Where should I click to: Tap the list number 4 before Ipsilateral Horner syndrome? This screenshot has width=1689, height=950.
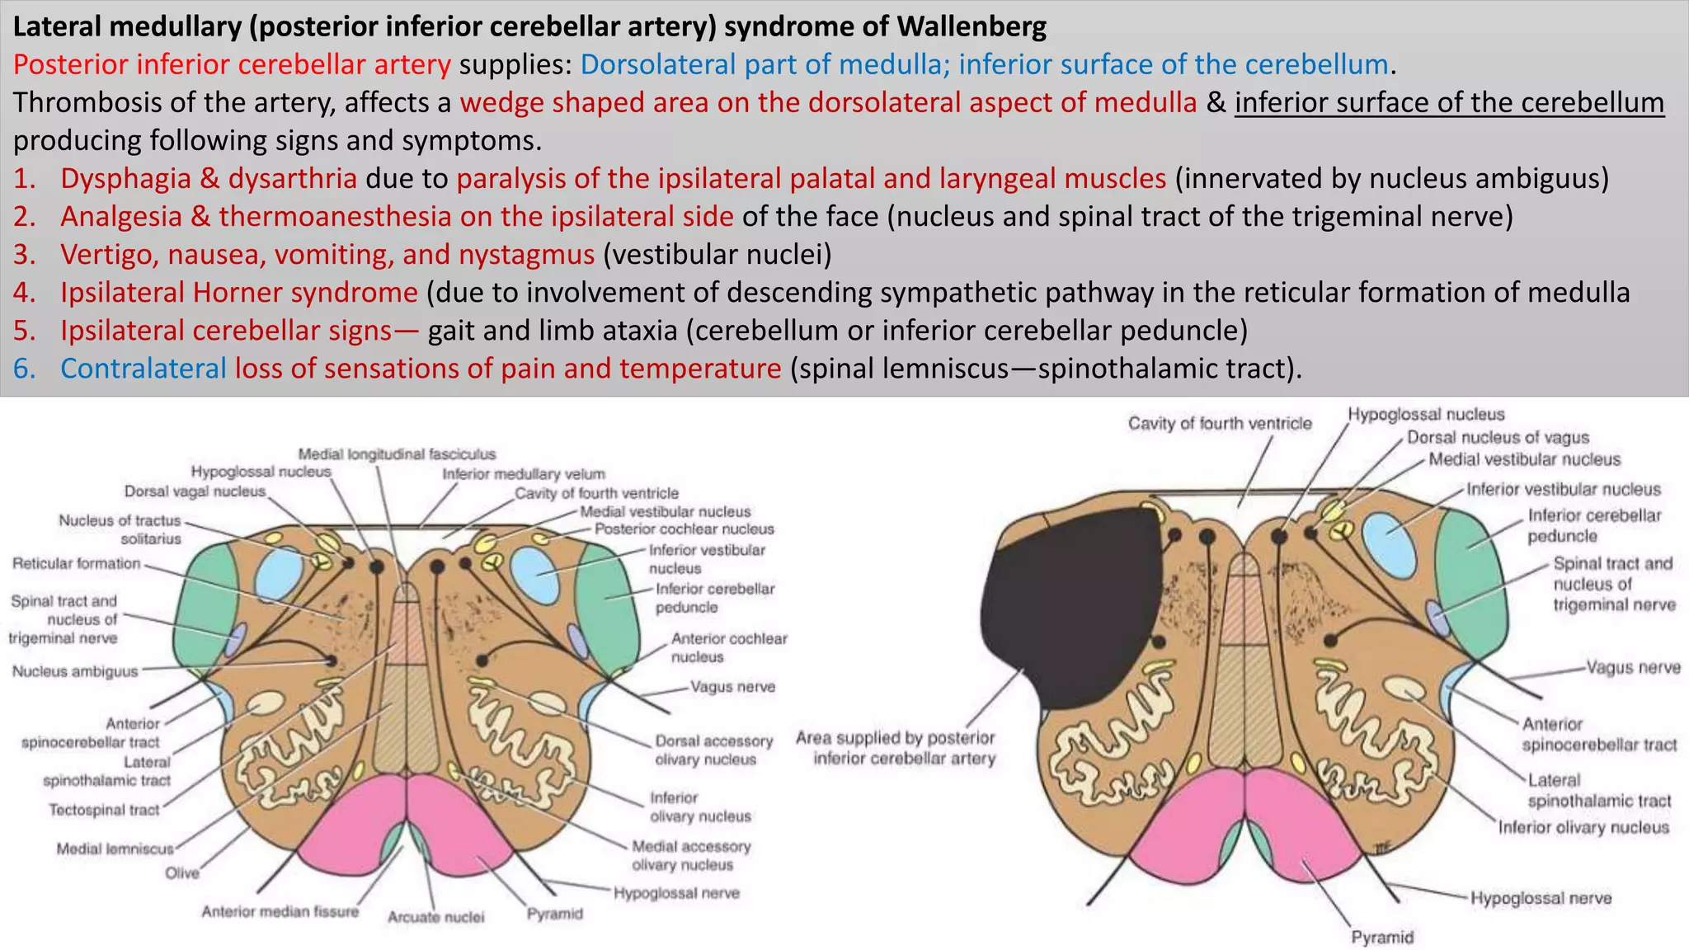24,293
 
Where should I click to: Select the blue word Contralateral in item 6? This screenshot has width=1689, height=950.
143,369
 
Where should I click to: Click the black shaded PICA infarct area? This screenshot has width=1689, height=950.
1072,610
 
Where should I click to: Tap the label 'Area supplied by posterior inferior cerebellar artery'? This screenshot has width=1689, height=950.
896,748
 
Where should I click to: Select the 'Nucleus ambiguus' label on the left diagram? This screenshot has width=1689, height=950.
75,671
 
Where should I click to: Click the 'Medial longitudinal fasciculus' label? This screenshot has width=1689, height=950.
397,454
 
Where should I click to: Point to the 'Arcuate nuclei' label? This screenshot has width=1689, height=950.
435,917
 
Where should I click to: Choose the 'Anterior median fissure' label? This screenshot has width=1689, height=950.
280,911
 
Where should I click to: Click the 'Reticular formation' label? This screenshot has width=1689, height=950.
77,563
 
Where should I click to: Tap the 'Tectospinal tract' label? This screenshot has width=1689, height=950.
104,810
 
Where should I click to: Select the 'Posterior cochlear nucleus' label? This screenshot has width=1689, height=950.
685,529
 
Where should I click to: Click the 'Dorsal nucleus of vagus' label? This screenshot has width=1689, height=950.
1498,437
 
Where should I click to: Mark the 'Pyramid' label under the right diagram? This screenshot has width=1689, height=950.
1382,937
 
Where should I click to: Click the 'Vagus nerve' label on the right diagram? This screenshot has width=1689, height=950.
1634,667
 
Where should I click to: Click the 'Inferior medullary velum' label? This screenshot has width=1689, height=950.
524,474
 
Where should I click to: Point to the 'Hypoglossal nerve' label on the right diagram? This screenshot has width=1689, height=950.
1541,898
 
